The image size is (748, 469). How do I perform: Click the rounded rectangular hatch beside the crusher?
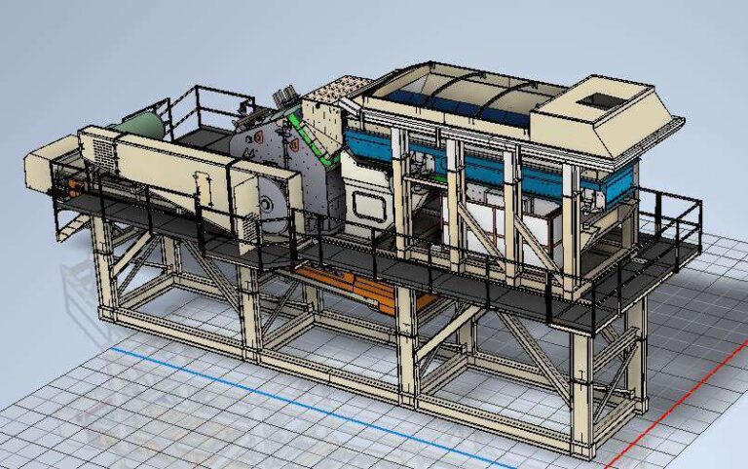coord(371,206)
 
